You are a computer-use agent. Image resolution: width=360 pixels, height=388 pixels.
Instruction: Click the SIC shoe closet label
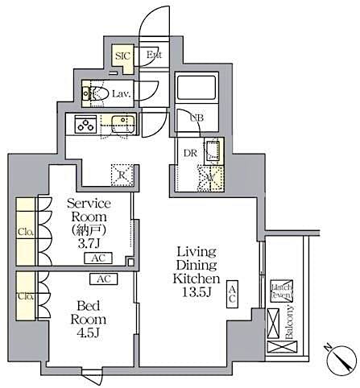coord(122,56)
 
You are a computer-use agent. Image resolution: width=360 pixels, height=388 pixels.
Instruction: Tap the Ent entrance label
coord(155,56)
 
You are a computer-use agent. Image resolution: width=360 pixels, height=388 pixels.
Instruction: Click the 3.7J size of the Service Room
coord(89,242)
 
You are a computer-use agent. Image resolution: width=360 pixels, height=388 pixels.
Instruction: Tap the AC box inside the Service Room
coord(97,259)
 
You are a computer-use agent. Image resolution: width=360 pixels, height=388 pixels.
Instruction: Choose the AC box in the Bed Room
coord(102,279)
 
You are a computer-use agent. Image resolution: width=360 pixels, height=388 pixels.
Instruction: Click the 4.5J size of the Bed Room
coord(89,331)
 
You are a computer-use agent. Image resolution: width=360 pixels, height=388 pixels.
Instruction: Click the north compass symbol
coord(340,357)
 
